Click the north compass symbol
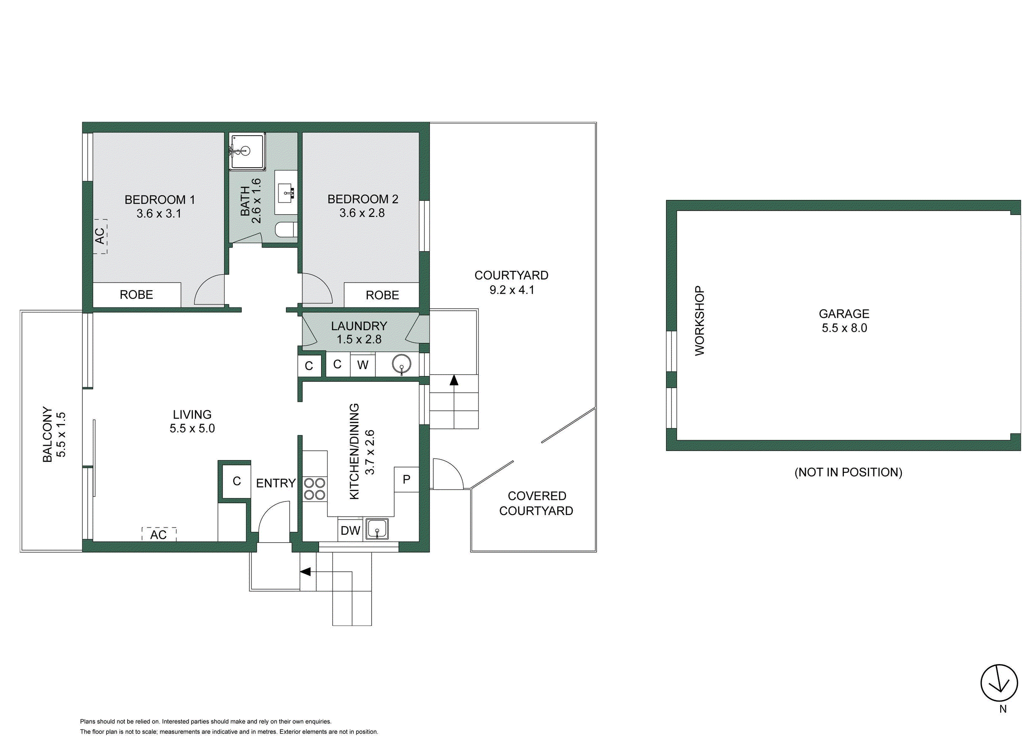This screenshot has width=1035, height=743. pos(999,683)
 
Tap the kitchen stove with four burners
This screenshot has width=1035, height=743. pos(314,488)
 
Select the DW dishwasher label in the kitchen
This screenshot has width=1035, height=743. pos(350,530)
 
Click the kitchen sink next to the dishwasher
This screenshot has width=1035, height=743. pos(377,529)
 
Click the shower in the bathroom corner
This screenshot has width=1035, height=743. pos(247,151)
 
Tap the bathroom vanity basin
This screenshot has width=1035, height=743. pos(286,193)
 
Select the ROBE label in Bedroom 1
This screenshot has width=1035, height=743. pos(136,295)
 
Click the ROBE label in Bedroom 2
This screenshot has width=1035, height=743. pos(382,295)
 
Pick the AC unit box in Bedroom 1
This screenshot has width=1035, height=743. pos(100,236)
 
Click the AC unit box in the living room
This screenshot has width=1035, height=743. pos(158,534)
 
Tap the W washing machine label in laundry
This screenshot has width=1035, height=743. pos(362,365)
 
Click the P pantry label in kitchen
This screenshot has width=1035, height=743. pos(406,479)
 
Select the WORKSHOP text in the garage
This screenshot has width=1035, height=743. pos(699,320)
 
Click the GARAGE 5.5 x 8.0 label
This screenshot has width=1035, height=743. pos(844,320)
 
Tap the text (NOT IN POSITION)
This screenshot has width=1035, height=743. pos(848,472)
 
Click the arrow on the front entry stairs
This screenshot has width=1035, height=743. pos(305,571)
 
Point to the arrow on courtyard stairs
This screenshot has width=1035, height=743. pos(453,380)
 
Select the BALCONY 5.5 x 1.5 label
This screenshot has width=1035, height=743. pos(54,434)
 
